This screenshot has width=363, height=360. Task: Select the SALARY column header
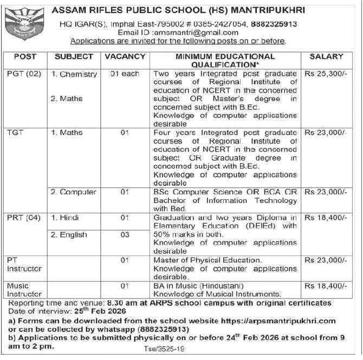click(326, 56)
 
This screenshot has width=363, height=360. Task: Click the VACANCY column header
click(125, 56)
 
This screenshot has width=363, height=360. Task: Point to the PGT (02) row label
click(22, 74)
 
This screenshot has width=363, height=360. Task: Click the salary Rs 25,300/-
click(325, 74)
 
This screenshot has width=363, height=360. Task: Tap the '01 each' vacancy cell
click(125, 74)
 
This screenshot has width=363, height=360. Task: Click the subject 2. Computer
click(74, 192)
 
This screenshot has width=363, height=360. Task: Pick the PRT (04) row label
click(22, 218)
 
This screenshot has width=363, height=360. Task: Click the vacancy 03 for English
click(125, 234)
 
